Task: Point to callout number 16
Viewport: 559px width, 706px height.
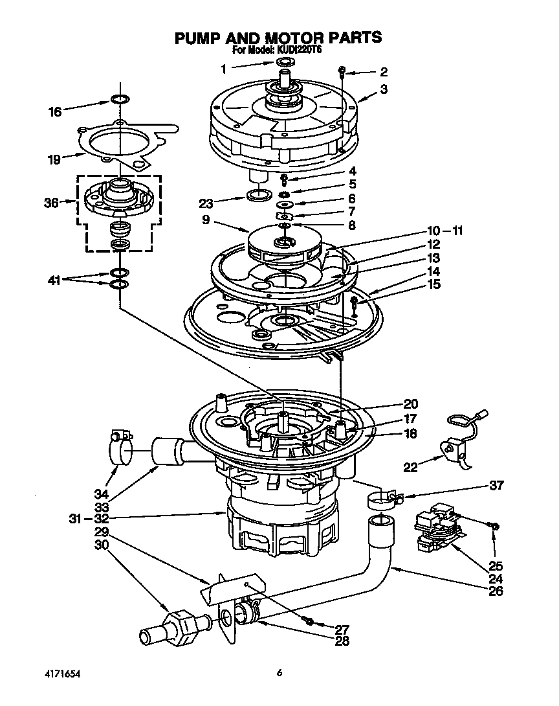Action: tap(55, 111)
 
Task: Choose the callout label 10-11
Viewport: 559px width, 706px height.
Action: tap(444, 231)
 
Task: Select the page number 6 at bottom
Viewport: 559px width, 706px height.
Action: tap(279, 673)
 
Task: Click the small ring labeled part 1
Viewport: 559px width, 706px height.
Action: tap(285, 62)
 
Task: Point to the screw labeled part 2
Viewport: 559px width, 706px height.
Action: tap(343, 72)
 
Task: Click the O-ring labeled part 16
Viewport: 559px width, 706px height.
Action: tap(119, 99)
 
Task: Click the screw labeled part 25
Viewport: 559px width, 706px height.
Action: tap(494, 527)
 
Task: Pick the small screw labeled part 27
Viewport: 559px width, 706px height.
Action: tap(309, 622)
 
